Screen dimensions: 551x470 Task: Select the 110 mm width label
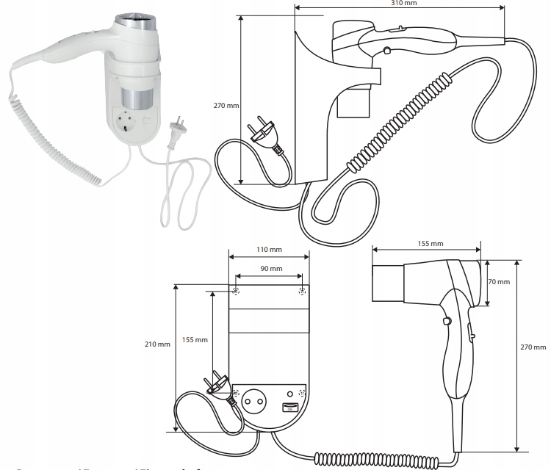[268, 250]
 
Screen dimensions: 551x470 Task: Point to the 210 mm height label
[159, 344]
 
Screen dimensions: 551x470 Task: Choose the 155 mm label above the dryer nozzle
[429, 243]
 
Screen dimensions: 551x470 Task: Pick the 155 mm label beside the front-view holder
[196, 340]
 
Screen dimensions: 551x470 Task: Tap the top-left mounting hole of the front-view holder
[236, 292]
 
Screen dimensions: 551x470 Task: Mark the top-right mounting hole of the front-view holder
[302, 292]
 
